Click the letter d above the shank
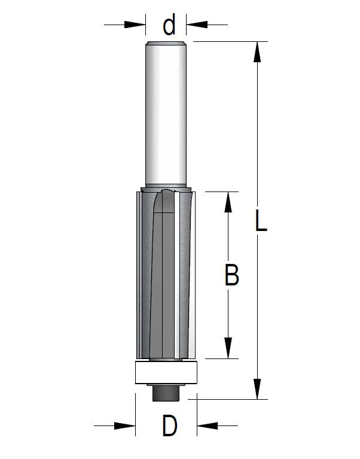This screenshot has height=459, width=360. [x=169, y=25]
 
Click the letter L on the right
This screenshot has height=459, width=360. [x=261, y=220]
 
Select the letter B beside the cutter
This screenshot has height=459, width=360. [x=231, y=275]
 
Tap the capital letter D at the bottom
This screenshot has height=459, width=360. [x=170, y=425]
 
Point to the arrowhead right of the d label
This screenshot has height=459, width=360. [x=197, y=25]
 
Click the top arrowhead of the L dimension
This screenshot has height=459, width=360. [x=257, y=52]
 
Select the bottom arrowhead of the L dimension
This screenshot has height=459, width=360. [x=257, y=389]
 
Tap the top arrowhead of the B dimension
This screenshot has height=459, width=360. [x=228, y=202]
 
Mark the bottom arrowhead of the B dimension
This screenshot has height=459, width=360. [x=228, y=348]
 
